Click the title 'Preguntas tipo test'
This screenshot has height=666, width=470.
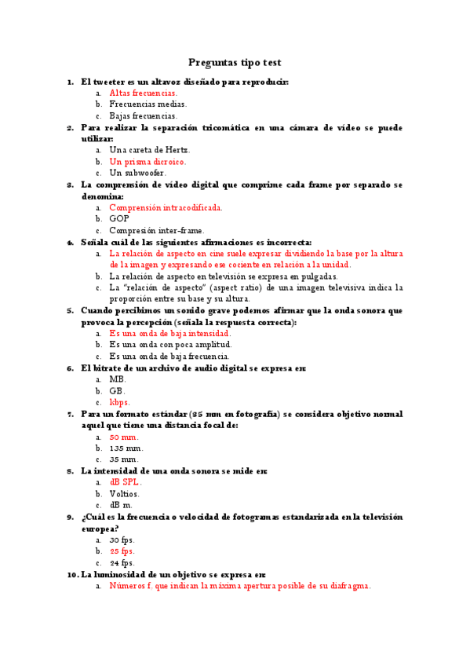click(235, 62)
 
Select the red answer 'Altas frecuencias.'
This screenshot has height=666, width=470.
click(144, 93)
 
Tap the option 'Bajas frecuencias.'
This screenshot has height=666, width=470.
click(144, 115)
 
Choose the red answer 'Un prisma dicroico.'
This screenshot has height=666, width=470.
click(148, 162)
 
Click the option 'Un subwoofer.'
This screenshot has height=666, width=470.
click(137, 173)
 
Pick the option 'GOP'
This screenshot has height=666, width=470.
click(119, 219)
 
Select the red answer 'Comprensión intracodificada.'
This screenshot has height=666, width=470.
click(166, 207)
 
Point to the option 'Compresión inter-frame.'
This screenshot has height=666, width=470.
click(157, 231)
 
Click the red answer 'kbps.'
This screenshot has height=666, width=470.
click(120, 402)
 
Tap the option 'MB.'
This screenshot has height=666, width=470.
click(118, 379)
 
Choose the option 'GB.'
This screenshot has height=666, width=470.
click(117, 390)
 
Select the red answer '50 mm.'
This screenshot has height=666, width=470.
click(124, 437)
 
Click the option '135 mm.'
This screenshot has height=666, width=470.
click(126, 448)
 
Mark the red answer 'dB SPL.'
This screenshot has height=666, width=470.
click(126, 482)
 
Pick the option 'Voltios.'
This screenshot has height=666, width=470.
click(125, 494)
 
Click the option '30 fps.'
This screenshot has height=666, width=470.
click(122, 540)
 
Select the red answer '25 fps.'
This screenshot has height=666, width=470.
click(122, 551)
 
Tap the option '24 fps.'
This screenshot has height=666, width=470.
click(122, 563)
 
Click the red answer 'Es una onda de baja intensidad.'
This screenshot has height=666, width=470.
click(170, 333)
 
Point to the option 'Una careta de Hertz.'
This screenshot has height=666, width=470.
click(150, 150)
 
